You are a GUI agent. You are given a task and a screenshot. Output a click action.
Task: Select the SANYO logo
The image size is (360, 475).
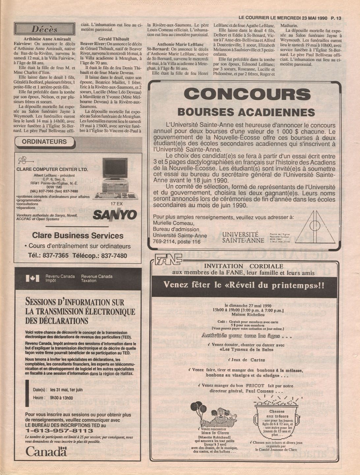click(115, 215)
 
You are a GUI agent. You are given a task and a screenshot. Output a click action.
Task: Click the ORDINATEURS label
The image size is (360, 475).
click(44, 142)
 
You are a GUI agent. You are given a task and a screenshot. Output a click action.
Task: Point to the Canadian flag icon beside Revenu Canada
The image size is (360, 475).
click(33, 279)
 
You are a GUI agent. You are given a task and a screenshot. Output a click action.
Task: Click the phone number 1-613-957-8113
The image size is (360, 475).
click(59, 430)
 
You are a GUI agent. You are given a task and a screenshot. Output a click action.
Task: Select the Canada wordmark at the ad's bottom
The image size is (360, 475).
click(46, 451)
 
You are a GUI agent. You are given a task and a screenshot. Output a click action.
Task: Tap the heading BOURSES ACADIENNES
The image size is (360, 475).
click(246, 112)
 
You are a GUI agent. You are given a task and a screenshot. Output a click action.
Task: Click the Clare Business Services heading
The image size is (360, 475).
click(78, 235)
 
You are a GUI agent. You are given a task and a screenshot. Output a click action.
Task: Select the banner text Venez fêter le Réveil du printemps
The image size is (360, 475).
click(244, 285)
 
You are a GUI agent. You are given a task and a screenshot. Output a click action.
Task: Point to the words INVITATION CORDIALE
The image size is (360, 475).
click(243, 266)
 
